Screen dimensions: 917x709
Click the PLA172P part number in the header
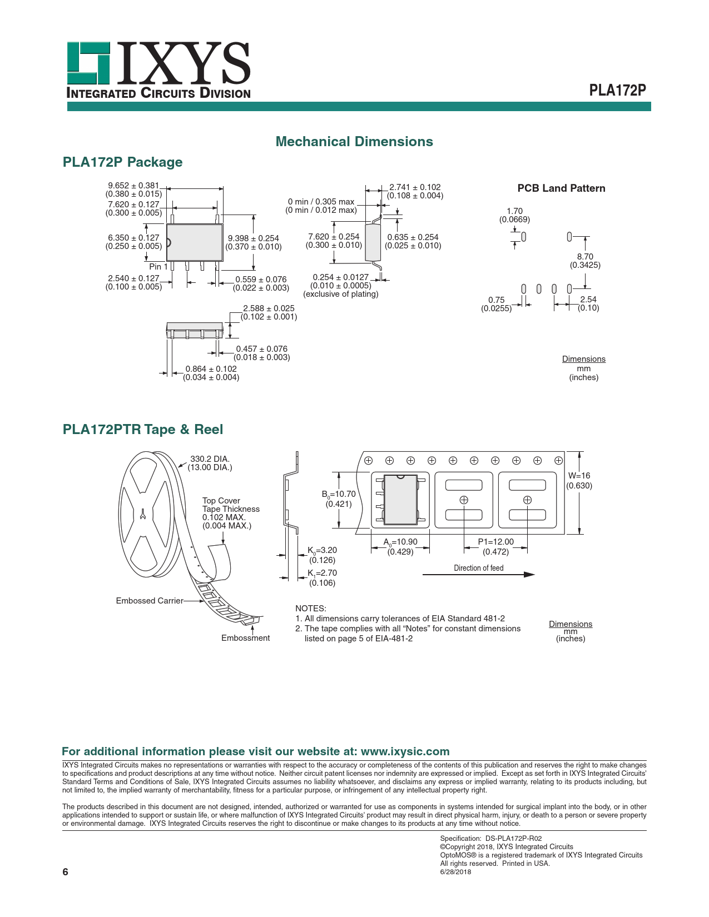click(617, 91)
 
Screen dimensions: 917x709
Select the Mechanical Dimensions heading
click(354, 142)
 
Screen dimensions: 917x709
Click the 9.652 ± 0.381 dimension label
click(133, 186)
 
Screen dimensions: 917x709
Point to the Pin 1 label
click(158, 267)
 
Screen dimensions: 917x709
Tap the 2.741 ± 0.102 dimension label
click(415, 187)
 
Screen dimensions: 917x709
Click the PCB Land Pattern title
click(561, 188)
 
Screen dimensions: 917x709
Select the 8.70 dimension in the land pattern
click(585, 257)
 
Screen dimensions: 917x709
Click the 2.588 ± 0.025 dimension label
click(269, 308)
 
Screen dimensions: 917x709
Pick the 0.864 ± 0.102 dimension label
click(211, 369)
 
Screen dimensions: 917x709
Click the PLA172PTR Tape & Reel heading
click(143, 430)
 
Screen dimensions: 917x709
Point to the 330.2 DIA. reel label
click(210, 459)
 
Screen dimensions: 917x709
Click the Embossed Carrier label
click(149, 601)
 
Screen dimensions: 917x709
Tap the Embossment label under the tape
click(245, 638)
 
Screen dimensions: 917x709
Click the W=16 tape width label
click(579, 476)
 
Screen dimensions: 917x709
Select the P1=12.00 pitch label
click(495, 542)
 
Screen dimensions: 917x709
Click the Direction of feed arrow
click(478, 575)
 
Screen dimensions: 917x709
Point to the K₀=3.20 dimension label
click(322, 550)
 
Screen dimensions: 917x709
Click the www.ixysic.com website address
click(405, 751)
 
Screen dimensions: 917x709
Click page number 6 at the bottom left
click(65, 871)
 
